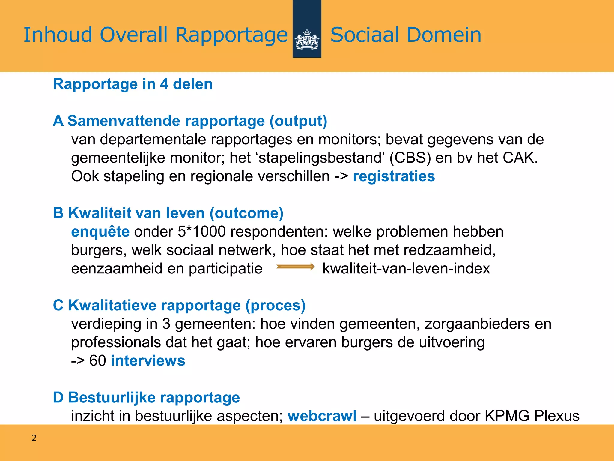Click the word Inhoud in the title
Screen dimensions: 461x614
point(58,35)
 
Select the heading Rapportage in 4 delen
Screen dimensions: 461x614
point(133,84)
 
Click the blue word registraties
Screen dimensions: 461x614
point(394,176)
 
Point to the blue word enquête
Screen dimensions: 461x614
point(100,232)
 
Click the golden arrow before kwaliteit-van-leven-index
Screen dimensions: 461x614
point(295,267)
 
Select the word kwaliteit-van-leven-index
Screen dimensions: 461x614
point(406,268)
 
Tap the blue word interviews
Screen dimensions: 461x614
point(148,360)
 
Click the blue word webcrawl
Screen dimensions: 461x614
point(322,416)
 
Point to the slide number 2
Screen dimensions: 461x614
point(34,438)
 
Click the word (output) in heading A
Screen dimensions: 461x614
point(298,121)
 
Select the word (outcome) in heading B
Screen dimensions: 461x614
point(246,213)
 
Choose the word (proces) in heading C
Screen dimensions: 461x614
point(275,305)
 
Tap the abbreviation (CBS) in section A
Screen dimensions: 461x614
point(410,158)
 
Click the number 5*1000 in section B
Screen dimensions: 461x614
point(201,232)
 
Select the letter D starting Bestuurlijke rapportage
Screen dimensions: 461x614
point(58,397)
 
